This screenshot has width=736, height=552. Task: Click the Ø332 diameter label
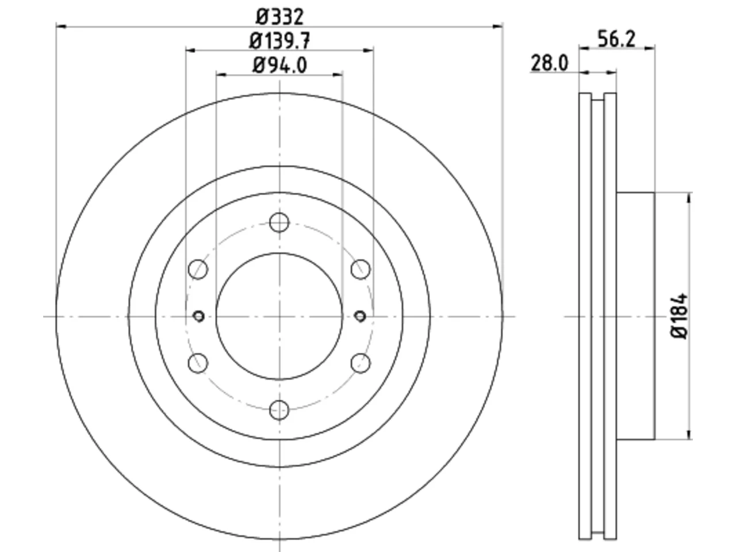279,17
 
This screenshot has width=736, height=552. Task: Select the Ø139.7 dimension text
279,41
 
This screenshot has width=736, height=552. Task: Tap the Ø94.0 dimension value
279,66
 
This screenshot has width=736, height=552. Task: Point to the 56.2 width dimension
616,39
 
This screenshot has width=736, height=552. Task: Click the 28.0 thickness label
550,63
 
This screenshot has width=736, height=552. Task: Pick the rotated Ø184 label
679,316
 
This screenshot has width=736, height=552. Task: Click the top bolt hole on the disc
279,222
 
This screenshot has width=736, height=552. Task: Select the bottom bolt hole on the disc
279,410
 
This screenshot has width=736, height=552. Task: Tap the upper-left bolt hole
198,269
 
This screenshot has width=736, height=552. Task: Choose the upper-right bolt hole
361,269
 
